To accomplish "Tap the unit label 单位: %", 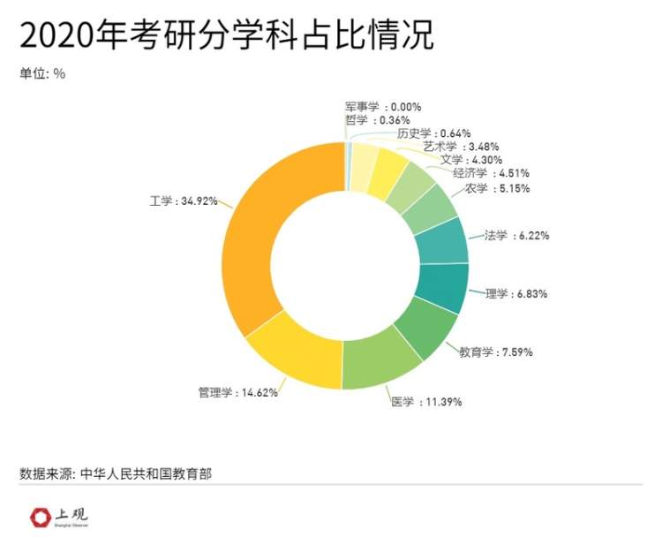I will (42, 73).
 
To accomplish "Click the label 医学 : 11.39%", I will (426, 402).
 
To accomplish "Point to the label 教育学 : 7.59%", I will (495, 352).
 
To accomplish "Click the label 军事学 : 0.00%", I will (383, 106).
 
